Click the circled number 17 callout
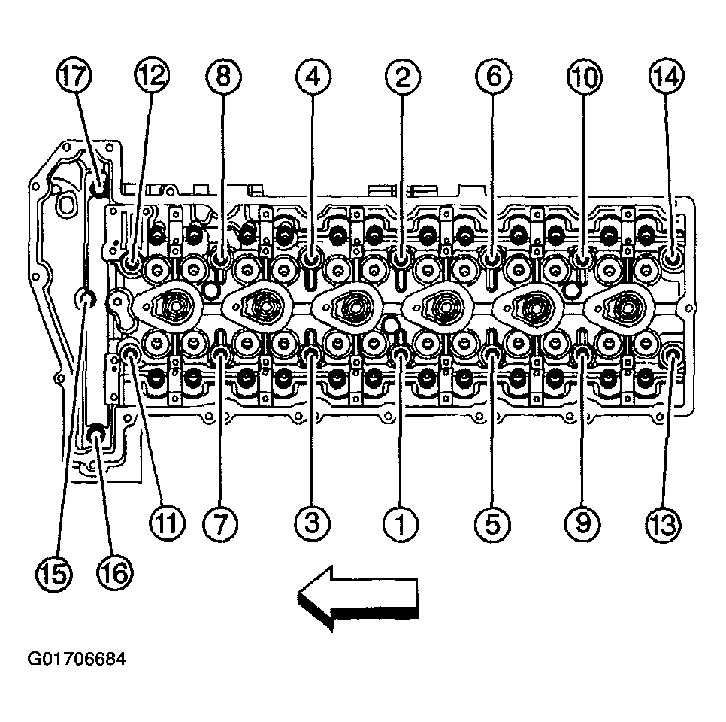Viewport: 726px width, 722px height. tap(74, 75)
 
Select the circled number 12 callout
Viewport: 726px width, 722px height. tap(153, 74)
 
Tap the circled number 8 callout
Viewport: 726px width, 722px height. tap(224, 75)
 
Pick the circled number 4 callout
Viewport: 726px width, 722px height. tap(313, 77)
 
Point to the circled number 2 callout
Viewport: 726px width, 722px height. tap(402, 77)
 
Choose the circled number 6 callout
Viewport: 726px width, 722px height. tap(494, 75)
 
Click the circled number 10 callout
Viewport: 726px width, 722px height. tap(584, 77)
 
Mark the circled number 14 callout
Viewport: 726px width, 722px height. tap(667, 75)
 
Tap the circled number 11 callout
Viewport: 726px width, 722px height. tap(167, 523)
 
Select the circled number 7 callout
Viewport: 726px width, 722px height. tap(220, 524)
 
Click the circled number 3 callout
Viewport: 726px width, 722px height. tap(313, 523)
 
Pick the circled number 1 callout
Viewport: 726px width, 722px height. tap(401, 524)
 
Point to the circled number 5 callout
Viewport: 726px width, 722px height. tap(493, 524)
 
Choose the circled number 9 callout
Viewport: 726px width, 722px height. tap(582, 523)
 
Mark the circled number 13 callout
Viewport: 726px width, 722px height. tap(663, 525)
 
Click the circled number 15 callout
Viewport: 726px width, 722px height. tap(53, 574)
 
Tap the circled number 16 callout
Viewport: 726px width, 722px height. tap(114, 573)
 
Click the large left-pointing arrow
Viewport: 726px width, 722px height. tap(358, 598)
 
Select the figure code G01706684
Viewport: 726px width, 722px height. tap(77, 659)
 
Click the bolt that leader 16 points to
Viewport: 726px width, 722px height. tap(96, 433)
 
